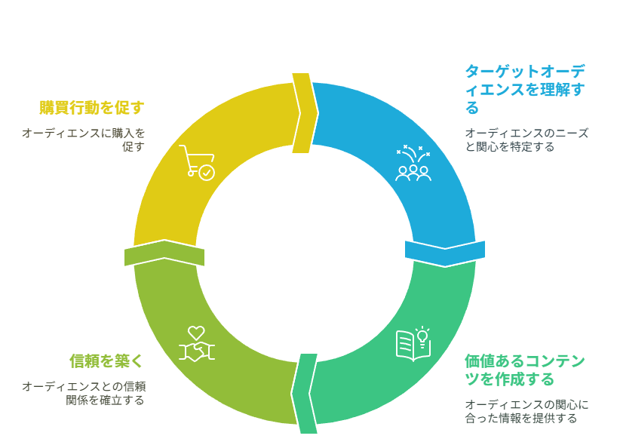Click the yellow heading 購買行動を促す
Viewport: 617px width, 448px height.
tap(92, 108)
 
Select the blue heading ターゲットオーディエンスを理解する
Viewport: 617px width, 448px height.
tap(525, 89)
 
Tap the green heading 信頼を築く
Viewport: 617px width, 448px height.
tap(106, 361)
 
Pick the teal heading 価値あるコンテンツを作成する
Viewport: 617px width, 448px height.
tap(524, 370)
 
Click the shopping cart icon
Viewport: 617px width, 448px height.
tap(197, 163)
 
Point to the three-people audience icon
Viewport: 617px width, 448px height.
tap(413, 163)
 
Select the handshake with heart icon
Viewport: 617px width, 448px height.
tap(197, 344)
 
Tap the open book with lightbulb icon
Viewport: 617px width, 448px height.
tap(413, 344)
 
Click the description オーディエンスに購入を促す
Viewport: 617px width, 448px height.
tap(84, 140)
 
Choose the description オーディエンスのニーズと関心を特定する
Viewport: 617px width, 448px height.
tap(526, 140)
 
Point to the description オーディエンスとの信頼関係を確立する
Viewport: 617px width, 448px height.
tap(84, 394)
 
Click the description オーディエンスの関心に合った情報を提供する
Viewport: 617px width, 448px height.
tap(526, 411)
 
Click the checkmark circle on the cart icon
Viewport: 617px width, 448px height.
tap(207, 172)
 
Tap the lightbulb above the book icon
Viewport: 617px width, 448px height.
tap(422, 337)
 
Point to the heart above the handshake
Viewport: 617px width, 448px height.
tap(196, 333)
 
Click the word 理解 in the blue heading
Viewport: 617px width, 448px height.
tap(555, 89)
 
